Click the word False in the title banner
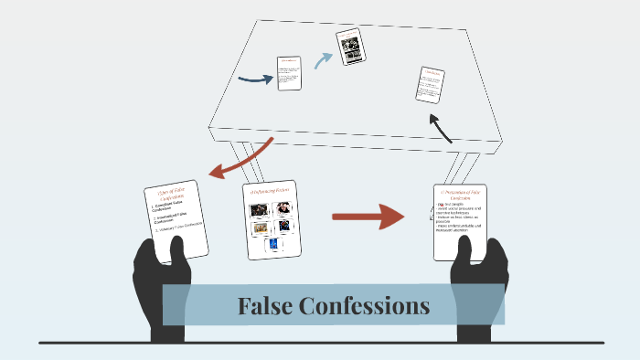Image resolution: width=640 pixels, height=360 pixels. coord(267,306)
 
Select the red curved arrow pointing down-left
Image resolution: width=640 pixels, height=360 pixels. coord(239,160)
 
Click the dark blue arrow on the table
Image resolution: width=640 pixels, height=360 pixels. coord(255,79)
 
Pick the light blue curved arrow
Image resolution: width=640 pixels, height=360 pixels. coord(323,59)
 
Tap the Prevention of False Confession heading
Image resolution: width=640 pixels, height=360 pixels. coord(459,197)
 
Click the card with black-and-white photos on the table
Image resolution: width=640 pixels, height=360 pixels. coord(350,47)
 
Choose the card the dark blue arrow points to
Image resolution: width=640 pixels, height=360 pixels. coord(290,73)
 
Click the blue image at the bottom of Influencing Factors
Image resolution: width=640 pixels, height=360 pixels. coord(272,245)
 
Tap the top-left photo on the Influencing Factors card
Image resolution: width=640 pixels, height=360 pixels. coord(259,209)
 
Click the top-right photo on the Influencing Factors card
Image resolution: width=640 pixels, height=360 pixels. coord(284,207)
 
